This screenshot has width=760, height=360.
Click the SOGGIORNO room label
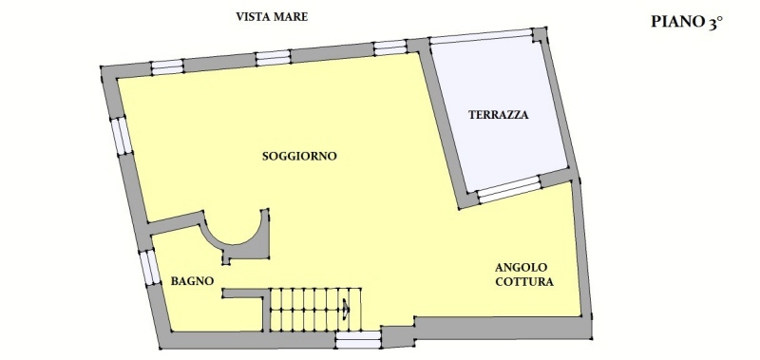pos(299,157)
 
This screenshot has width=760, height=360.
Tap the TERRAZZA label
pos(498,115)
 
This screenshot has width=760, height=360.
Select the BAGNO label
pos(193,281)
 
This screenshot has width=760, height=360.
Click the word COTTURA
pos(524,282)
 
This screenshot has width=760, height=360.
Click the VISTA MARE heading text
pos(272,17)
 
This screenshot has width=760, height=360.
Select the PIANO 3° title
pos(687,22)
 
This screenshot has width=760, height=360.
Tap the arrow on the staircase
pos(346,308)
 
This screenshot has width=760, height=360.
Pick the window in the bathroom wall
pos(150,268)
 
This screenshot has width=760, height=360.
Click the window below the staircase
pos(358,340)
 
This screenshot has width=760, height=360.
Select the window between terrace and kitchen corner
pos(509,189)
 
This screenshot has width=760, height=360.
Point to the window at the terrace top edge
pos(481,36)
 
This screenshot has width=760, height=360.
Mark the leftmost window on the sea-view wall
pos(167,66)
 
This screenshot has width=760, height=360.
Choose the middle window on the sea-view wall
pos(273,58)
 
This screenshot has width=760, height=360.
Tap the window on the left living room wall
pos(122,136)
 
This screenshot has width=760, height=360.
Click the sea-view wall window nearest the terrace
pos(389,47)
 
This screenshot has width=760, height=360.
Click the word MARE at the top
pos(291,17)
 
